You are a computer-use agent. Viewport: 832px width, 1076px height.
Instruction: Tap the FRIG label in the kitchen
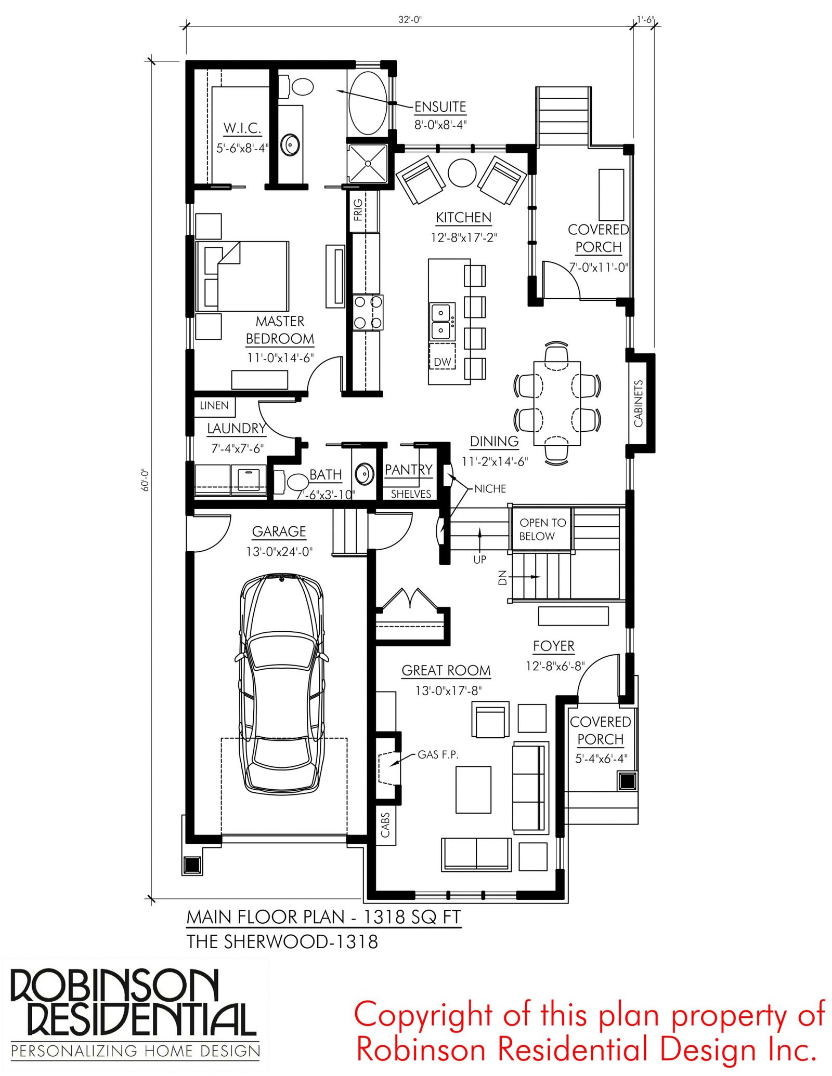[358, 210]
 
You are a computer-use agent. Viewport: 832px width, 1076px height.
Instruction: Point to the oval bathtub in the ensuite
[368, 103]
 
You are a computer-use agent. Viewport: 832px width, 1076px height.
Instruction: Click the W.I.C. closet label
[242, 128]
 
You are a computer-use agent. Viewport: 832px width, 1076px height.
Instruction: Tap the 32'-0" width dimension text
[410, 20]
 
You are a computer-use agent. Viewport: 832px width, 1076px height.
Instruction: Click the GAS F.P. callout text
[438, 755]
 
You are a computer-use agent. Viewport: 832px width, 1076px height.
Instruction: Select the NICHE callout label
[490, 489]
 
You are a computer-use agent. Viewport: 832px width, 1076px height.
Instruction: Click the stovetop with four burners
[368, 312]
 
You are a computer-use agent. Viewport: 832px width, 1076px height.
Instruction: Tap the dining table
[557, 403]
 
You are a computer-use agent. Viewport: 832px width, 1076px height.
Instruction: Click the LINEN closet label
[214, 405]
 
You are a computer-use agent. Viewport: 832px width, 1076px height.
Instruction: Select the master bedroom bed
[242, 276]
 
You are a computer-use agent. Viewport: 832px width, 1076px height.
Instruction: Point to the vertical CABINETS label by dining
[639, 404]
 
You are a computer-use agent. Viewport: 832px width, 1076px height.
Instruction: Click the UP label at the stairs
[479, 560]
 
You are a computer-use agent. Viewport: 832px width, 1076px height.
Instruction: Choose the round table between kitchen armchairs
[462, 172]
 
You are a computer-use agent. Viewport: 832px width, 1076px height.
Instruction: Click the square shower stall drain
[368, 164]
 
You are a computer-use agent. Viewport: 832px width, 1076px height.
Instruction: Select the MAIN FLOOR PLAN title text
[323, 916]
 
